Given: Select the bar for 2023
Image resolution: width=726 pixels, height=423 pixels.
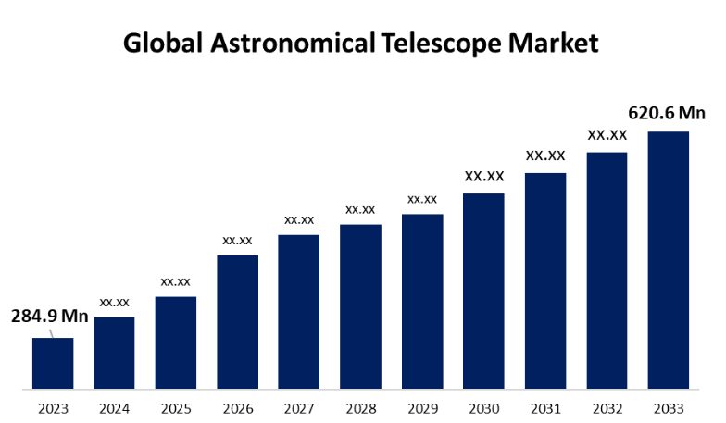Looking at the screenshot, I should click(x=53, y=363).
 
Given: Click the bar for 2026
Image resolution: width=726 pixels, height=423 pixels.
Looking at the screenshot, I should click(x=237, y=321).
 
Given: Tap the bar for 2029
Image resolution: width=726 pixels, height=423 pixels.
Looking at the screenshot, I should click(x=422, y=301).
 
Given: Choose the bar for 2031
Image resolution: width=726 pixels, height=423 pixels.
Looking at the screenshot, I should click(x=545, y=280).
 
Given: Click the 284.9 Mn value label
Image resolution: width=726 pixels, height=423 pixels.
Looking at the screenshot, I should click(x=50, y=317).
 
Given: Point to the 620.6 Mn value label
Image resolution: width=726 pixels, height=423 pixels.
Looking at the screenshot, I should click(x=667, y=113).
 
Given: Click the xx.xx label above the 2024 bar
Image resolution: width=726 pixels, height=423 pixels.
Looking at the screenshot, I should click(x=115, y=302).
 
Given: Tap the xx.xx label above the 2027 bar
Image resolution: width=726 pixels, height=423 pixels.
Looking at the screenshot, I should click(x=299, y=219).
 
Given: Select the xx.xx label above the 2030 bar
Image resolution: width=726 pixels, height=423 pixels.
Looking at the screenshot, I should click(x=484, y=176).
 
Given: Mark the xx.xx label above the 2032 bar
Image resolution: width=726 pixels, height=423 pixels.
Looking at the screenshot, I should click(x=607, y=135).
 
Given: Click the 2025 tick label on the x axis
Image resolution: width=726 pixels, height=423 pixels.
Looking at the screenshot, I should click(x=176, y=408).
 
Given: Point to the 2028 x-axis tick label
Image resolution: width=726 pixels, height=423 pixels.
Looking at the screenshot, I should click(x=360, y=408).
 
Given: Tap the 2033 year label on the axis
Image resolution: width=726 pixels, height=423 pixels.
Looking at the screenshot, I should click(x=668, y=408).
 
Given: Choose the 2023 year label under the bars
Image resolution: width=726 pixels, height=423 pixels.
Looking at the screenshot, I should click(x=53, y=408).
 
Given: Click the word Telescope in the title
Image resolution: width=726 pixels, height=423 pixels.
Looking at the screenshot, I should click(x=438, y=44).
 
